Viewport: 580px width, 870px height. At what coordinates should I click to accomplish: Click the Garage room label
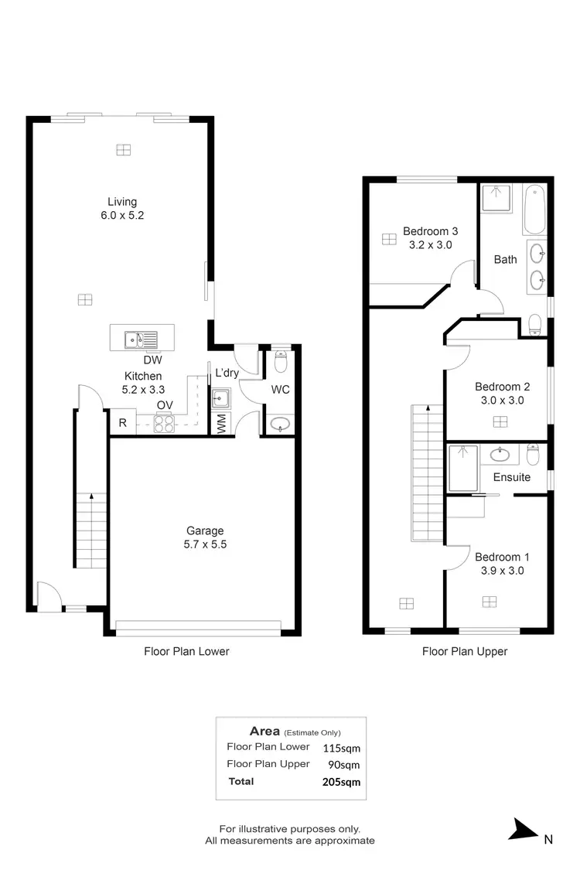point(205,531)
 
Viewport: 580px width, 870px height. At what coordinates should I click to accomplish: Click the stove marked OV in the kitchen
point(164,423)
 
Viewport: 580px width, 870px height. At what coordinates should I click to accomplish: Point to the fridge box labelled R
point(122,423)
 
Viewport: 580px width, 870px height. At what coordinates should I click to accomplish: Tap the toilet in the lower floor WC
point(281,360)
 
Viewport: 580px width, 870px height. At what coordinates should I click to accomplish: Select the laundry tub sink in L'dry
point(222,398)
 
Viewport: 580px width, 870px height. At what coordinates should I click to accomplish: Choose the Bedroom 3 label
point(431,230)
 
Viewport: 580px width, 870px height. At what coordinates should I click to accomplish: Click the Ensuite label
point(512,477)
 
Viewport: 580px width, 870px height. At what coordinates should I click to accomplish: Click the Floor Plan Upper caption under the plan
point(465,651)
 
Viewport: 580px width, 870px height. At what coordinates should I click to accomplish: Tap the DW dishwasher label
point(152,360)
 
